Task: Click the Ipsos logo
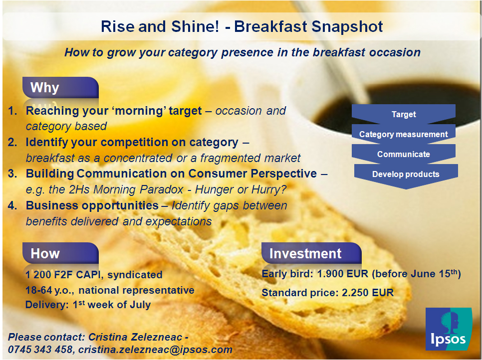(449, 329)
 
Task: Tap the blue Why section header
(60, 88)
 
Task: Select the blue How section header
(60, 253)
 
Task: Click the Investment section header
(311, 253)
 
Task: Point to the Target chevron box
(404, 114)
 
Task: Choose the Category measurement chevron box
(404, 134)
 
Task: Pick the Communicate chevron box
(404, 154)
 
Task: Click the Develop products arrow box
(406, 176)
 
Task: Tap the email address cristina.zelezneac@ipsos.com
(155, 350)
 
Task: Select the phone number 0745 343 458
(40, 350)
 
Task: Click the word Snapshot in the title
(347, 27)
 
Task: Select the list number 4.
(12, 205)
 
